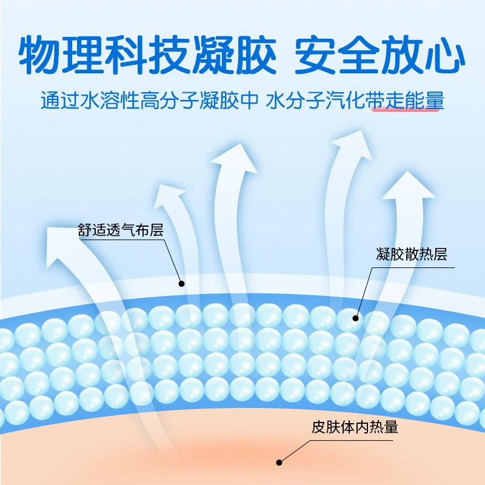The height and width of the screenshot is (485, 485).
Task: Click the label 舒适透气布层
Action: pyautogui.click(x=120, y=230)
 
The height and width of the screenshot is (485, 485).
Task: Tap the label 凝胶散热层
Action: pyautogui.click(x=412, y=254)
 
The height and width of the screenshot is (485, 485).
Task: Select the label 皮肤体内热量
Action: pyautogui.click(x=355, y=427)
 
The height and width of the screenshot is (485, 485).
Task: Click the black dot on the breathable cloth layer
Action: pyautogui.click(x=181, y=284)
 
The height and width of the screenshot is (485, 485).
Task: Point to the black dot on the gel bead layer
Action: pyautogui.click(x=355, y=318)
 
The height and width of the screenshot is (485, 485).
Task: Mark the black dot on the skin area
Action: pyautogui.click(x=279, y=463)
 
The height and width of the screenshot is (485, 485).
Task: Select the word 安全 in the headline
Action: pyautogui.click(x=337, y=55)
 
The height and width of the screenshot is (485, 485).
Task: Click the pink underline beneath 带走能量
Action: pyautogui.click(x=405, y=109)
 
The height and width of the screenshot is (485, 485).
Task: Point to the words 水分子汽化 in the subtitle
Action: pyautogui.click(x=315, y=100)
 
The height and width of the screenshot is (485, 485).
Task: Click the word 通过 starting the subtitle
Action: pyautogui.click(x=59, y=100)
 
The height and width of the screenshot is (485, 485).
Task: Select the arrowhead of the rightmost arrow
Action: pyautogui.click(x=408, y=186)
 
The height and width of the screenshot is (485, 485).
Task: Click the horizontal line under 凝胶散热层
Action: pyautogui.click(x=413, y=267)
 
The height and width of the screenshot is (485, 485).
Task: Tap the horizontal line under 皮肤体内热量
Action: pyautogui.click(x=352, y=441)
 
